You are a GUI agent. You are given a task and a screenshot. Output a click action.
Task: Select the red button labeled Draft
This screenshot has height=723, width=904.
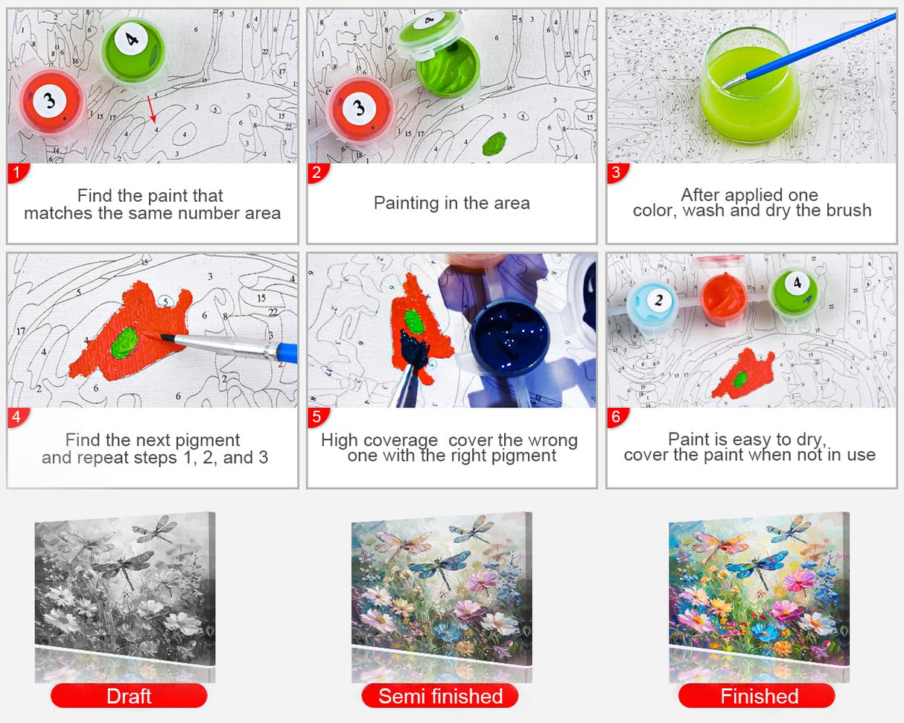click(129, 696)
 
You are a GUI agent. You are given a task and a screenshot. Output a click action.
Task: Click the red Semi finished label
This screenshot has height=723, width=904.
click(440, 696)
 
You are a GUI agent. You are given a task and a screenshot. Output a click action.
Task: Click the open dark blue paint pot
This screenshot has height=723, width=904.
click(510, 335)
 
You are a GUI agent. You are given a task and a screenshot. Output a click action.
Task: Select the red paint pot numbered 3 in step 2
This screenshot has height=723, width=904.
click(360, 108)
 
